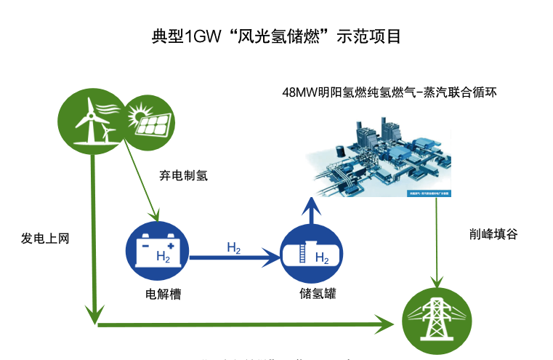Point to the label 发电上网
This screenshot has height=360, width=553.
point(45,238)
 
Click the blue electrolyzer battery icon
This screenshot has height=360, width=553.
point(161,249)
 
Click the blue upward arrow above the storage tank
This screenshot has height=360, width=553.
point(311,212)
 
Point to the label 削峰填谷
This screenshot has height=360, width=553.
point(494,235)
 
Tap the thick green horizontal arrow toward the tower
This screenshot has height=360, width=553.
point(247,322)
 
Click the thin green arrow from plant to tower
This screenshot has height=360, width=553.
point(435,240)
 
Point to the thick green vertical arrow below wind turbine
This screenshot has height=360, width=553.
point(93,233)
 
